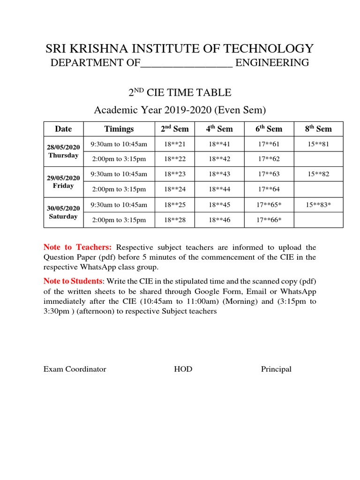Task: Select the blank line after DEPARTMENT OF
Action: [x=187, y=63]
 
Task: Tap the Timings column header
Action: [x=119, y=129]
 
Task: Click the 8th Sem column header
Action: [x=318, y=129]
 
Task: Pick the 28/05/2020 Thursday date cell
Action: [x=63, y=151]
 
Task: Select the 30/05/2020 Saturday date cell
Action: [x=63, y=212]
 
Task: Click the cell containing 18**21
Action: [x=175, y=144]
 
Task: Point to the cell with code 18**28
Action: [x=175, y=220]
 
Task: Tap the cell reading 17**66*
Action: [x=269, y=220]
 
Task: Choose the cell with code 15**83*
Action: [x=318, y=204]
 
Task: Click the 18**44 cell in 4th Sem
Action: [x=219, y=189]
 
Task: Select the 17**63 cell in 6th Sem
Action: [x=269, y=174]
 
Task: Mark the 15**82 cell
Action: [x=318, y=174]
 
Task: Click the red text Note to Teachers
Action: [x=77, y=247]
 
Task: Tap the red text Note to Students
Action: [x=73, y=281]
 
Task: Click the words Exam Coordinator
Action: [x=75, y=369]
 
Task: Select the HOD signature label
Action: [x=183, y=369]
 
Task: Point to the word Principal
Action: [x=276, y=369]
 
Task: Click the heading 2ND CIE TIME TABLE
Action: [x=180, y=93]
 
